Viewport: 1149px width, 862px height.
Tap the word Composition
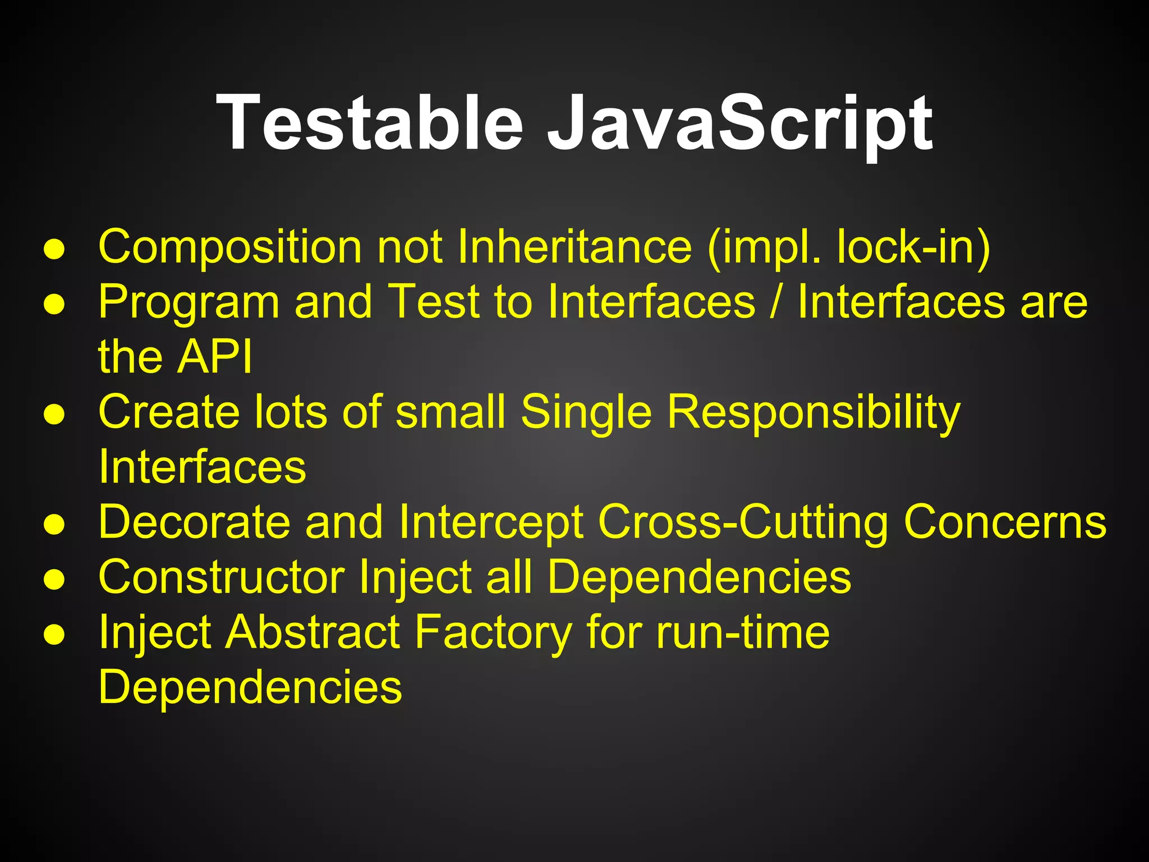tap(230, 247)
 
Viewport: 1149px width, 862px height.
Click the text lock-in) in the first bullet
tap(913, 247)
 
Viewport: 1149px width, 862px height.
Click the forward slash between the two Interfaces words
tap(776, 302)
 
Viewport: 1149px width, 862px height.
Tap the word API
tap(214, 356)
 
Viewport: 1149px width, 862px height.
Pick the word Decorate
tap(194, 521)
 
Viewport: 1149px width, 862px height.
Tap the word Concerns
tap(1005, 521)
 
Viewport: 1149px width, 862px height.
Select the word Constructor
tap(222, 576)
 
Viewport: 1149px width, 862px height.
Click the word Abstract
tap(312, 632)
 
